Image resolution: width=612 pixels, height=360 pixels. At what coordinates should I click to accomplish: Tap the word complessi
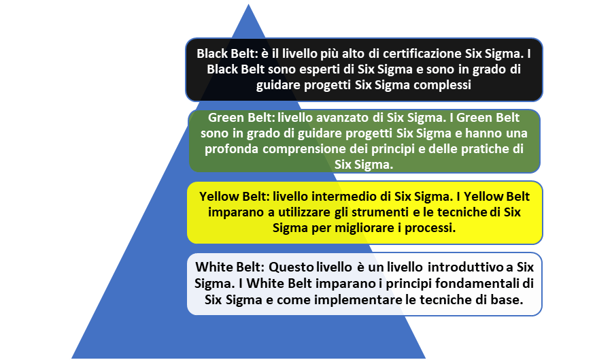442,85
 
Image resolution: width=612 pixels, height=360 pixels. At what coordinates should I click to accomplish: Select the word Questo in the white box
291,267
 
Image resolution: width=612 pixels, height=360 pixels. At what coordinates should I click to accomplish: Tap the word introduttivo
465,267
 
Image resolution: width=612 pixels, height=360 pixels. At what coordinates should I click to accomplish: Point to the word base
509,300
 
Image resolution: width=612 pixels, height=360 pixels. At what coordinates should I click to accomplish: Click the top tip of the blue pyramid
248,5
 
